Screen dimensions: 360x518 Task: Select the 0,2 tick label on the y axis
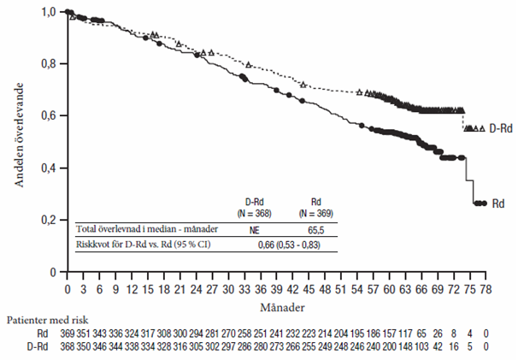tap(50, 221)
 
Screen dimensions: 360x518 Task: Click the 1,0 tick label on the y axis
tap(50, 12)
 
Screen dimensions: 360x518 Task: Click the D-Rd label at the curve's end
tap(500, 128)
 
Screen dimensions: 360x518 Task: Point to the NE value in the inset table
tap(253, 229)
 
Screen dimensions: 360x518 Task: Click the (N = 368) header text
tap(253, 213)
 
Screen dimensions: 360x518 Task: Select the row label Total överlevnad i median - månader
tap(148, 229)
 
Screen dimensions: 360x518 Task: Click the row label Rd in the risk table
tap(41, 333)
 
